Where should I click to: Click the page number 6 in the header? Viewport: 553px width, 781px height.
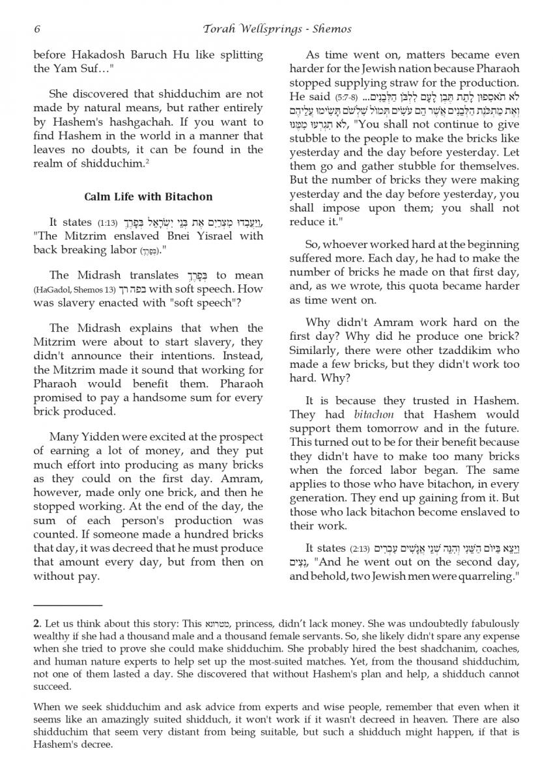pos(37,29)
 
